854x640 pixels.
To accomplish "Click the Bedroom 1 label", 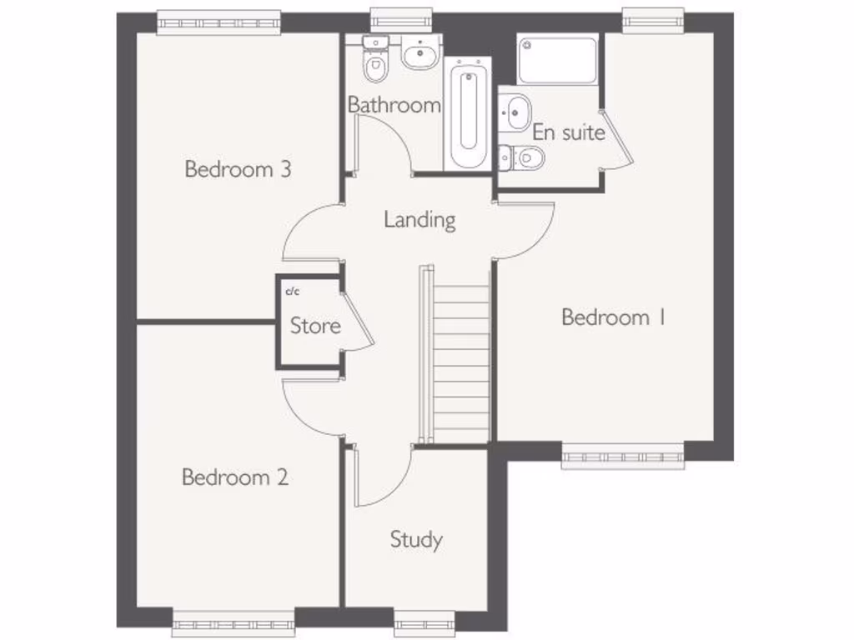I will [612, 317].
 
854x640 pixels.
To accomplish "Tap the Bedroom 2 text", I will [235, 477].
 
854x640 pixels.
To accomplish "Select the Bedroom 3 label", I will [238, 170].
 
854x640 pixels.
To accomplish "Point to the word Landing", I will [419, 220].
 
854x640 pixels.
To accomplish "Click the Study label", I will [416, 540].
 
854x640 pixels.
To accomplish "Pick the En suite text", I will [568, 132].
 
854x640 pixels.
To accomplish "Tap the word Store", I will [315, 326].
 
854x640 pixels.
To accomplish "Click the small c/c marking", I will [292, 292].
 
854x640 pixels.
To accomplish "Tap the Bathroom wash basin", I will [419, 54].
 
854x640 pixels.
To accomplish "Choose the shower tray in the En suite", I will [557, 60].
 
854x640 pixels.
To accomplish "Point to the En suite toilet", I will [523, 156].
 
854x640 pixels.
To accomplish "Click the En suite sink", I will [516, 109].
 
